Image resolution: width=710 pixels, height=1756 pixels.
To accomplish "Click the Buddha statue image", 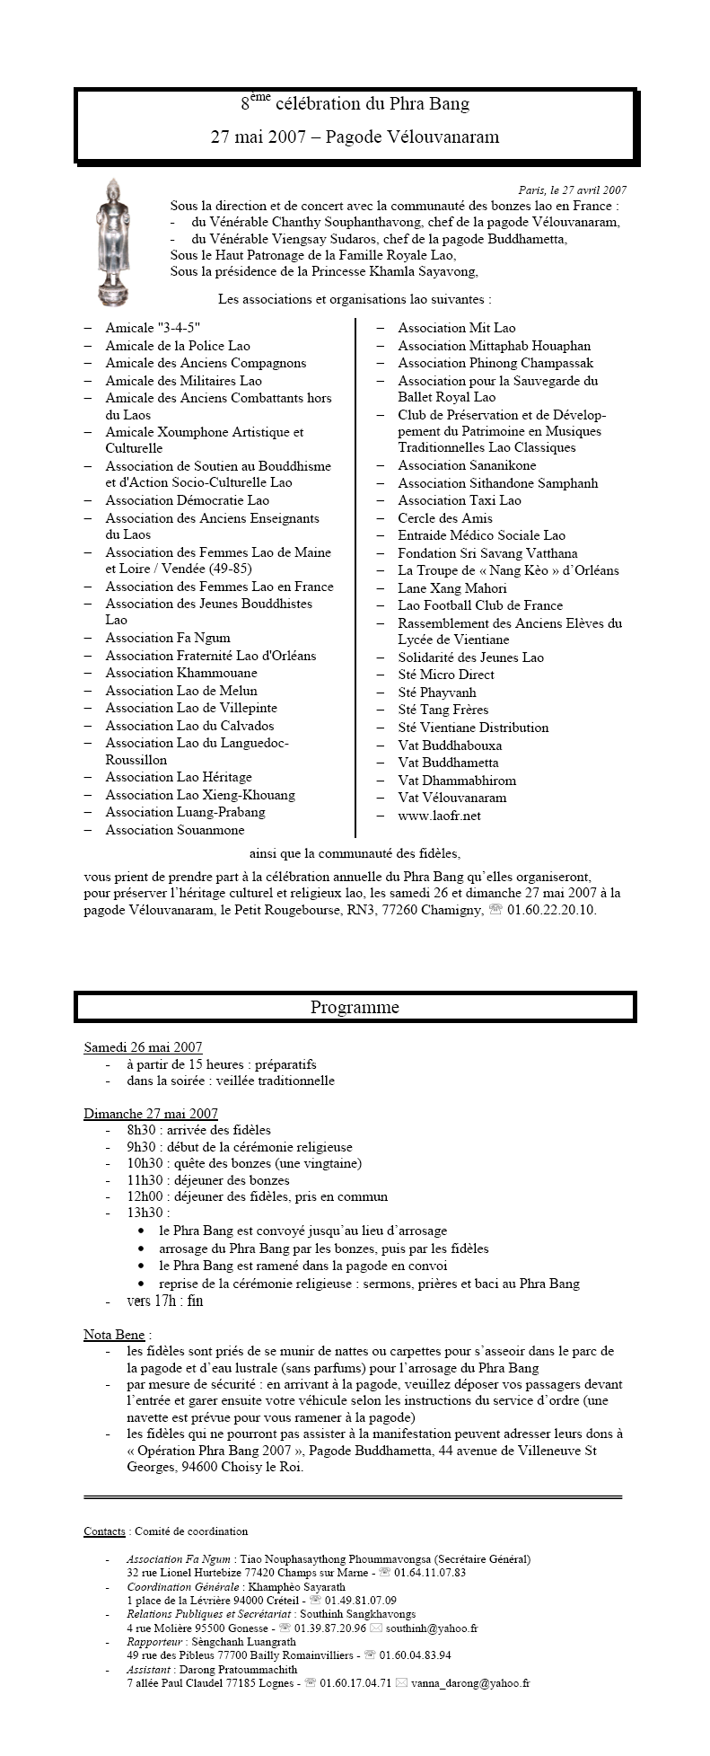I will [113, 243].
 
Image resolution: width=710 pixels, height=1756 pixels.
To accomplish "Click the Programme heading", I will [355, 1007].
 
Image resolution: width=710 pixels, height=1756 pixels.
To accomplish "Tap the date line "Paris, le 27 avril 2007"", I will [572, 190].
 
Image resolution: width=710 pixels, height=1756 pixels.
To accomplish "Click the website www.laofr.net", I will [440, 816].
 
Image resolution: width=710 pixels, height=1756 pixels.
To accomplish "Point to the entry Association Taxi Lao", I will [460, 500].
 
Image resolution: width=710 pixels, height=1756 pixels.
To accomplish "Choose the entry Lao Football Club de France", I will [480, 605].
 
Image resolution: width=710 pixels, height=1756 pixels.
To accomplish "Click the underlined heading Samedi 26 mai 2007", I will [143, 1046].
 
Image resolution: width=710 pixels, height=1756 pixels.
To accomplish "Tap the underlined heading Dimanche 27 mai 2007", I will [151, 1114].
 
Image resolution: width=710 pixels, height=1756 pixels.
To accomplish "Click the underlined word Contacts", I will [104, 1531].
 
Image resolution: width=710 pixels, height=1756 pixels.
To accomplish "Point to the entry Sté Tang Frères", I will [443, 710].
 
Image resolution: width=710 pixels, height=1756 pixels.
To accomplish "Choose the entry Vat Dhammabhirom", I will [457, 781].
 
